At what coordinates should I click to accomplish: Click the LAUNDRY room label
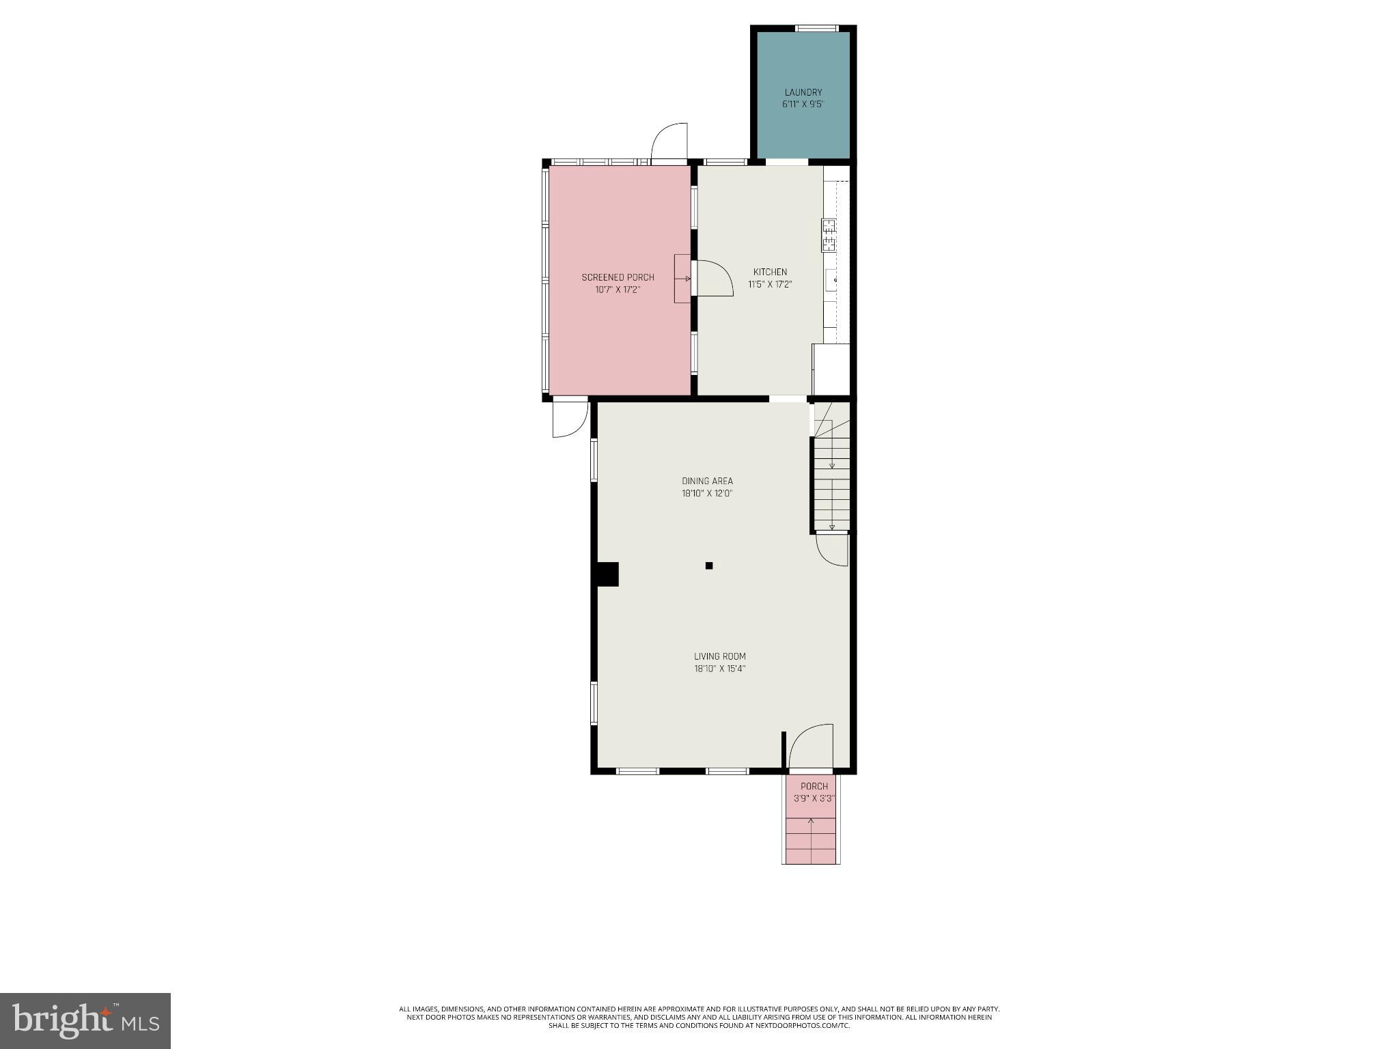(x=803, y=92)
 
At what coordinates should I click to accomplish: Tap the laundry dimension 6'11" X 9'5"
(x=803, y=104)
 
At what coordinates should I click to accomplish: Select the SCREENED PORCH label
(x=618, y=277)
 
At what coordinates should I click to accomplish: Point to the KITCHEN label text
(x=770, y=272)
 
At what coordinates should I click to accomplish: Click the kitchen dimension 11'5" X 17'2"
(x=770, y=284)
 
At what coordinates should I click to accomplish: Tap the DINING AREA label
(x=707, y=481)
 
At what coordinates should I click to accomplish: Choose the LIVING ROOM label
(x=719, y=656)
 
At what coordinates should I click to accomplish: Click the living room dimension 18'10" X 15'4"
(x=719, y=669)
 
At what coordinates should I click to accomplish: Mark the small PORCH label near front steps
(x=814, y=786)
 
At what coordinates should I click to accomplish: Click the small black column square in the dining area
(x=709, y=565)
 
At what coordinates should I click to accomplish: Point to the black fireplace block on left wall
(x=607, y=574)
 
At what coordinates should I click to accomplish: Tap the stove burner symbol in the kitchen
(x=829, y=236)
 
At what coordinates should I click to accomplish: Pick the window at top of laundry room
(x=816, y=28)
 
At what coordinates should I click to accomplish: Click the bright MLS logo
(x=85, y=1020)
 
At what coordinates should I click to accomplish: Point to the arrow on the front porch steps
(x=811, y=822)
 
